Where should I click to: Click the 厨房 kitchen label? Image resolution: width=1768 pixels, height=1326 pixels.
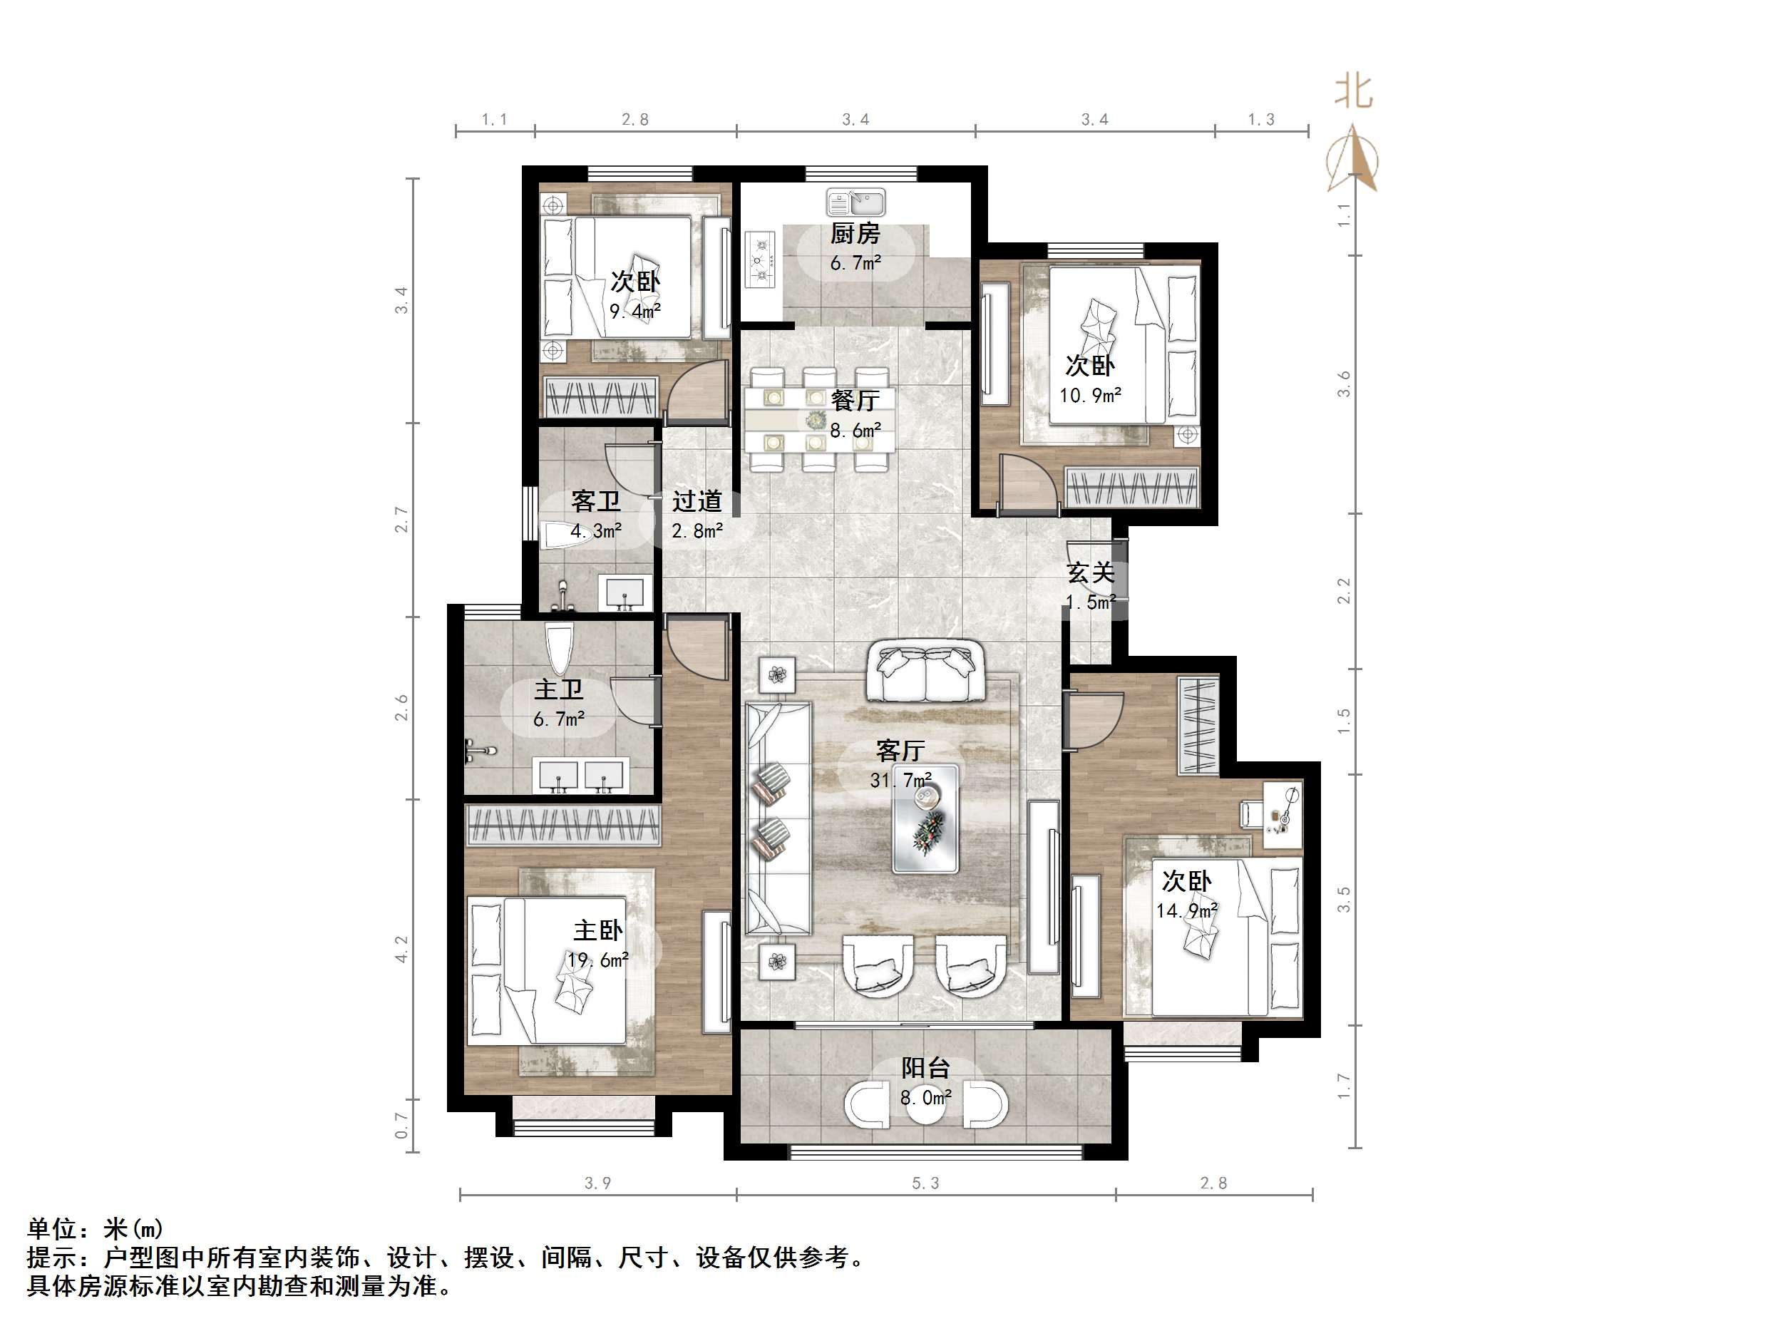[855, 233]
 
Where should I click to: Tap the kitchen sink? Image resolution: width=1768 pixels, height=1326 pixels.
[855, 202]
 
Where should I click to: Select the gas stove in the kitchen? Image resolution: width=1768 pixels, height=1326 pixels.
[761, 259]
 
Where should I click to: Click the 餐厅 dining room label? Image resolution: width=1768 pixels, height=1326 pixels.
[855, 400]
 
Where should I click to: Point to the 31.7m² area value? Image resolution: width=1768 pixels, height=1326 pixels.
[901, 779]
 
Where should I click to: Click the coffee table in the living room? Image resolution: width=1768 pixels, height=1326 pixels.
[925, 818]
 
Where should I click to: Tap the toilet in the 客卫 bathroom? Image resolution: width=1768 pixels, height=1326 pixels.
[566, 534]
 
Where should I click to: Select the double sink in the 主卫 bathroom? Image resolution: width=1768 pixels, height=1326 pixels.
[581, 776]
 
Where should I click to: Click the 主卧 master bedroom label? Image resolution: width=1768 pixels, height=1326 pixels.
[598, 930]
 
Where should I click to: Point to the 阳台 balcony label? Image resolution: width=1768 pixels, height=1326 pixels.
[925, 1068]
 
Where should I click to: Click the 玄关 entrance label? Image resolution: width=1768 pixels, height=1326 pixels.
[1090, 573]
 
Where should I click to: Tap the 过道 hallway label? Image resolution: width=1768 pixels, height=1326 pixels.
[697, 501]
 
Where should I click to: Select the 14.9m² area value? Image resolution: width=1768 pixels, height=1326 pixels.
[1187, 910]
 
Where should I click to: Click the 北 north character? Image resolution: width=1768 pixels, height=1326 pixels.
[1353, 92]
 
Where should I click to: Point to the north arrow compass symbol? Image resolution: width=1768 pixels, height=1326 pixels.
[1352, 159]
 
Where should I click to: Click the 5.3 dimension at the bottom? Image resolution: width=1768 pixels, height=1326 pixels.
[925, 1183]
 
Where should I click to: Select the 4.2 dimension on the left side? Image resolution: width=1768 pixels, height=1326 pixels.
[401, 950]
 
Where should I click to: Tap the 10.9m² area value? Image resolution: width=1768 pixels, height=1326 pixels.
[1090, 395]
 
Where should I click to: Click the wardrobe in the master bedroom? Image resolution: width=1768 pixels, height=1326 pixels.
[563, 825]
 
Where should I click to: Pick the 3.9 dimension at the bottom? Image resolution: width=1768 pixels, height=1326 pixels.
[598, 1183]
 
